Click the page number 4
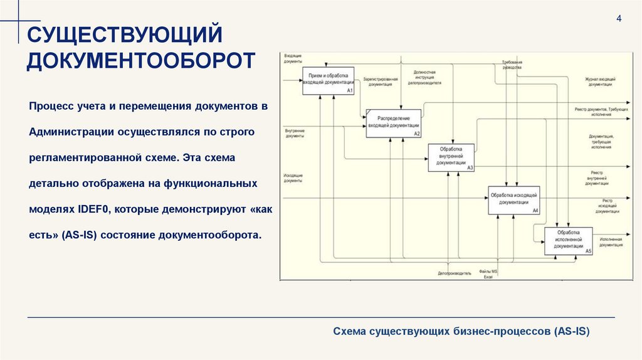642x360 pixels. coord(619,18)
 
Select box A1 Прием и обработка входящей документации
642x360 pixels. coord(328,80)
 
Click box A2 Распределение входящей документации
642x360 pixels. coord(393,122)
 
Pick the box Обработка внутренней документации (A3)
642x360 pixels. coord(451,157)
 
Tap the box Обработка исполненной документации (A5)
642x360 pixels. coord(568,241)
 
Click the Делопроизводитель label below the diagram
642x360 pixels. coord(455,274)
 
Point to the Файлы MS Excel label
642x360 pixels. coord(488,274)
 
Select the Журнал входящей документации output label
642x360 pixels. coord(599,82)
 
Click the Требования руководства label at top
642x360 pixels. coord(512,65)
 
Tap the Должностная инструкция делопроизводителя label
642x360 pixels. coord(424,77)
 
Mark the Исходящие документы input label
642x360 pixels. coord(293,177)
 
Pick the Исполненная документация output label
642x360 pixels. coord(610,242)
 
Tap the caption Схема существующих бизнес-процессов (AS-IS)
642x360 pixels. coord(461,331)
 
